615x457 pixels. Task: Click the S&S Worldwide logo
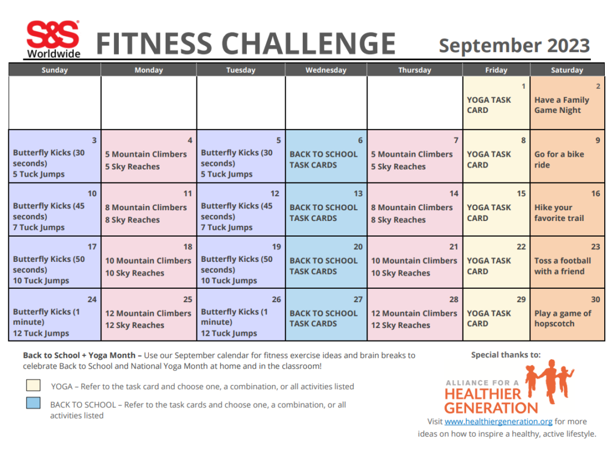click(x=53, y=40)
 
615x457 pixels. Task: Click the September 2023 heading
click(x=514, y=46)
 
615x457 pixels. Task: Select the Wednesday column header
click(x=326, y=70)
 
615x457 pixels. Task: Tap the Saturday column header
click(x=567, y=70)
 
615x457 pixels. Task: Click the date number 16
click(x=595, y=193)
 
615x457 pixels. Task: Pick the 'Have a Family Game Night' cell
click(x=562, y=105)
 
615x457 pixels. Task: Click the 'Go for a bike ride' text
click(x=559, y=159)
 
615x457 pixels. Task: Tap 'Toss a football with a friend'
click(x=562, y=266)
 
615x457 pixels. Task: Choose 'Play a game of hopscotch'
click(x=562, y=318)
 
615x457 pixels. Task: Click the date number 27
click(x=358, y=299)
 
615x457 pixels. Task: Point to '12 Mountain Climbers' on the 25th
click(x=148, y=313)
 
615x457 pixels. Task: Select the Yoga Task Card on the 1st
click(x=489, y=105)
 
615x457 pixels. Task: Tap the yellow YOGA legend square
click(x=34, y=385)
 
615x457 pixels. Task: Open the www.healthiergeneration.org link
click(x=498, y=422)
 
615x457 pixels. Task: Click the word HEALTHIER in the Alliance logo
click(x=483, y=394)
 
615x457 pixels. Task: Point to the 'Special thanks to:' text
click(x=506, y=355)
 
